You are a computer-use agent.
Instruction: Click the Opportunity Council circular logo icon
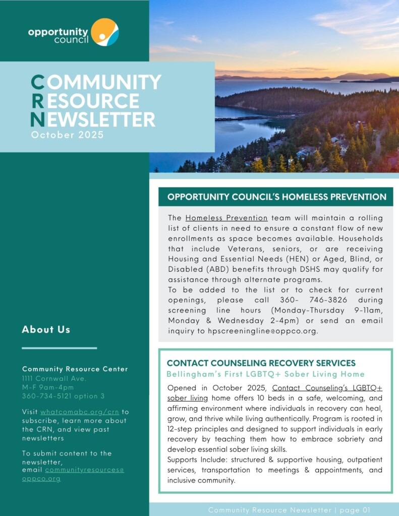coord(105,32)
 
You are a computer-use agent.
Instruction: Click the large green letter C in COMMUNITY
coord(37,82)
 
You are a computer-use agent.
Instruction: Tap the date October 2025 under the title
coord(67,135)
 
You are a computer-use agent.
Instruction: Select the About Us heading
coord(46,330)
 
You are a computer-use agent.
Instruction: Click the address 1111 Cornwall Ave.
coord(54,378)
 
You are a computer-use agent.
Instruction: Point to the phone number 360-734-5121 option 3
coord(64,396)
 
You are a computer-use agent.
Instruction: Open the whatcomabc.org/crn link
coord(80,412)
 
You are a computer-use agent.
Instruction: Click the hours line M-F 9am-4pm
coord(48,387)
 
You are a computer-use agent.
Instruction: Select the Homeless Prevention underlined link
coord(226,218)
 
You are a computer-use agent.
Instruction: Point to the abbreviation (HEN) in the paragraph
coord(303,259)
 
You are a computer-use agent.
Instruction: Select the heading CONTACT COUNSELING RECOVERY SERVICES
coord(261,363)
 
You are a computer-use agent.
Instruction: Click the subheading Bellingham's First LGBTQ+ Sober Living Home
coord(265,374)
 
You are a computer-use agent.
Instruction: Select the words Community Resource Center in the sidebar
coord(75,369)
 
